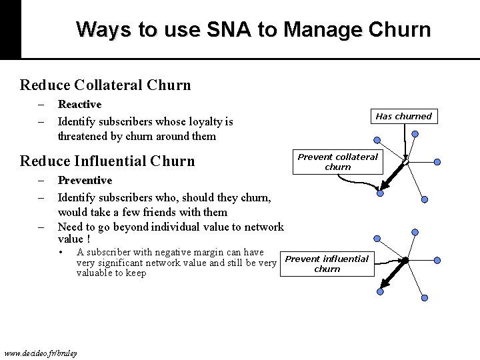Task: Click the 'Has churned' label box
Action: (x=403, y=116)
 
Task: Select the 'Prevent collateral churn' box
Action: (x=337, y=161)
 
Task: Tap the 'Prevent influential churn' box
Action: (x=327, y=263)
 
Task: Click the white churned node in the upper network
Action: (x=405, y=161)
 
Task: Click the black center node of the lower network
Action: (x=405, y=259)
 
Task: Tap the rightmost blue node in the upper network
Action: (x=437, y=161)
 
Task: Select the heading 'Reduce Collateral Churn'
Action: (x=105, y=85)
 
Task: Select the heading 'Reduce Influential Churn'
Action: (x=107, y=161)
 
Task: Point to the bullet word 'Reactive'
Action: (x=79, y=104)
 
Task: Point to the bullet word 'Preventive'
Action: (x=85, y=180)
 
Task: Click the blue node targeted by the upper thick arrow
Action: (x=379, y=193)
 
